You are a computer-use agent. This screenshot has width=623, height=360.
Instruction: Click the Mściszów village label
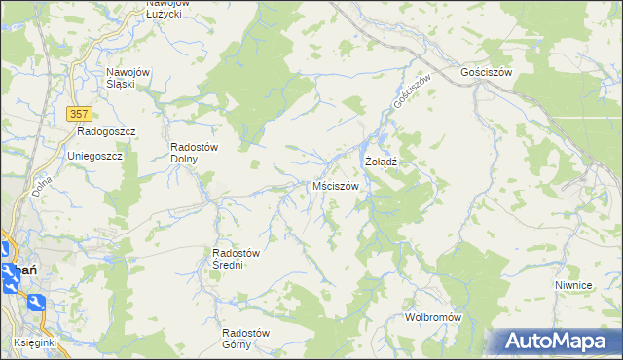click(x=336, y=185)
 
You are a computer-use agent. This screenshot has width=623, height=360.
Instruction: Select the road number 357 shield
click(x=80, y=114)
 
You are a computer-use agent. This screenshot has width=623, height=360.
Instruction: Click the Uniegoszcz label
click(x=93, y=156)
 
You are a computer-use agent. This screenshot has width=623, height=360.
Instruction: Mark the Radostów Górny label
click(x=245, y=338)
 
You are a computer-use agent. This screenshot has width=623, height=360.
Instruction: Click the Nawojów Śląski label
click(x=133, y=78)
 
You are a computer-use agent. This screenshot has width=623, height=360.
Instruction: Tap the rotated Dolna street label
click(x=41, y=185)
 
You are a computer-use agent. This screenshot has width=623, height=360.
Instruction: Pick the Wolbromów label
click(x=433, y=318)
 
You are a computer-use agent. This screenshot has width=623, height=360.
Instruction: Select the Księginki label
click(x=35, y=342)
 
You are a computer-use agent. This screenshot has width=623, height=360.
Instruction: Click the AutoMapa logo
click(x=556, y=342)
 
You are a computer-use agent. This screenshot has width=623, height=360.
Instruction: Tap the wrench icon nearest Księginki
click(x=36, y=304)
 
